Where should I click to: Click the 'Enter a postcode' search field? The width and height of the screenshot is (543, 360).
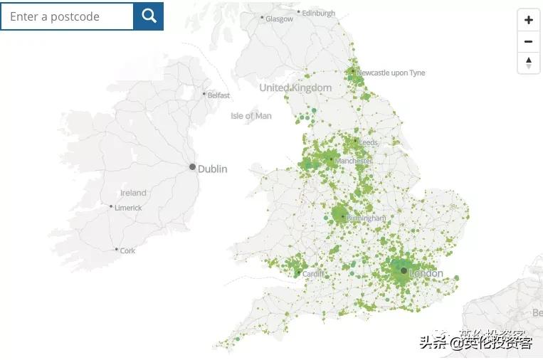click(x=68, y=16)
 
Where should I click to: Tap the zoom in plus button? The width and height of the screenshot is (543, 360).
click(x=528, y=20)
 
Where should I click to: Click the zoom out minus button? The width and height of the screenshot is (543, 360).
click(x=528, y=41)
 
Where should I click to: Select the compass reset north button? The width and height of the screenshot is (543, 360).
click(x=528, y=63)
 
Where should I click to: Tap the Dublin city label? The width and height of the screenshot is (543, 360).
click(x=212, y=169)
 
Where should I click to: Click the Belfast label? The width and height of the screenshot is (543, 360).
click(x=218, y=95)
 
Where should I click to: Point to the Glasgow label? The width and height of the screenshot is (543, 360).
click(x=279, y=19)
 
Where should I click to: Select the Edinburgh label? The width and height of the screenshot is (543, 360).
click(x=318, y=14)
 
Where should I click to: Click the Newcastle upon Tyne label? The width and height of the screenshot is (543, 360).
click(x=391, y=73)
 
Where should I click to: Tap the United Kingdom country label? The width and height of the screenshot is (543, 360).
click(x=295, y=88)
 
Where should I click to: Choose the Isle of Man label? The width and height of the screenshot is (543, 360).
click(x=251, y=116)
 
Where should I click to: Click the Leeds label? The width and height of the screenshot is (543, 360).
click(x=369, y=143)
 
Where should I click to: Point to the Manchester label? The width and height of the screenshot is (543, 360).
click(x=353, y=162)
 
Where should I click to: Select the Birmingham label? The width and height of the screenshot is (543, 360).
click(x=367, y=218)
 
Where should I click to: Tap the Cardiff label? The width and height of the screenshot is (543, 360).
click(x=313, y=274)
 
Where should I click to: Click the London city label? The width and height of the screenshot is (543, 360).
click(x=426, y=273)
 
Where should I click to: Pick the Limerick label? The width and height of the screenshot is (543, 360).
click(x=129, y=208)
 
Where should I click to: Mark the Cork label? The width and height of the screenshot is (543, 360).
click(x=127, y=250)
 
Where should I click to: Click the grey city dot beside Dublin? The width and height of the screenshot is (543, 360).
click(x=192, y=167)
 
